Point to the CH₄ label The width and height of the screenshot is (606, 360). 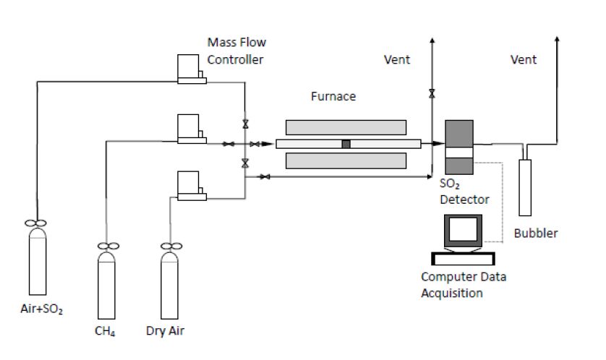tap(106, 332)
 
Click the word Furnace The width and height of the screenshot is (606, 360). tap(333, 96)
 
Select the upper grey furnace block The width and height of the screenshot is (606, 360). tap(346, 127)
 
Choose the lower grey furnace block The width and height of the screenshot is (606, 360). tap(346, 160)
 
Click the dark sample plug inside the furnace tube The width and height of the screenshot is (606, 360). tap(346, 144)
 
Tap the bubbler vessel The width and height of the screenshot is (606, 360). tap(528, 187)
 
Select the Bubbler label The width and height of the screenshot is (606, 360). tap(536, 233)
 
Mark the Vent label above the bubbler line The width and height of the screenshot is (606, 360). tap(524, 60)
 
